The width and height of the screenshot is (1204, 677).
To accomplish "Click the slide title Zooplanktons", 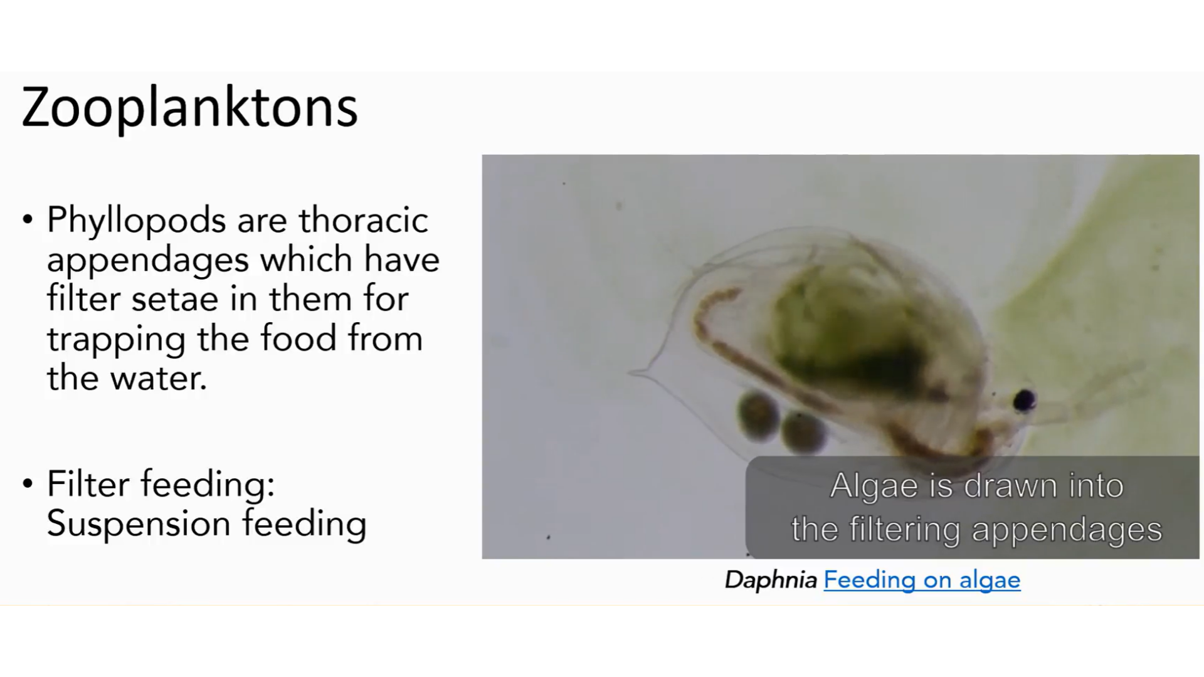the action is (x=189, y=108).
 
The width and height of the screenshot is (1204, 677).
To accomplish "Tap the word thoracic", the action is (x=363, y=220).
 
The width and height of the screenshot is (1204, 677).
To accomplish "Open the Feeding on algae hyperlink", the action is (x=922, y=580).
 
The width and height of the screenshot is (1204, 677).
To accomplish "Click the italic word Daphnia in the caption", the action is (x=771, y=580).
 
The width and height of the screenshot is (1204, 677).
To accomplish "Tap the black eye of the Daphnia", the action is (x=1024, y=399).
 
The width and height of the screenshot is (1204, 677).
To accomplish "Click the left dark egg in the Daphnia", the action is (x=758, y=414).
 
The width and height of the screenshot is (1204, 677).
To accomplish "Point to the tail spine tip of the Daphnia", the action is (x=629, y=373).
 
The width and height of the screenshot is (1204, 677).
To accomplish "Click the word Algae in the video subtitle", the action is (x=874, y=486).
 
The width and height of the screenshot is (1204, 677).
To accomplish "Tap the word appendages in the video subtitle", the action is (x=1067, y=530).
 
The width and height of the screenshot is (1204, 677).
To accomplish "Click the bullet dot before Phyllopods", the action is (x=28, y=221).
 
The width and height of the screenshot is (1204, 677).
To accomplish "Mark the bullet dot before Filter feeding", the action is (x=28, y=485).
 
